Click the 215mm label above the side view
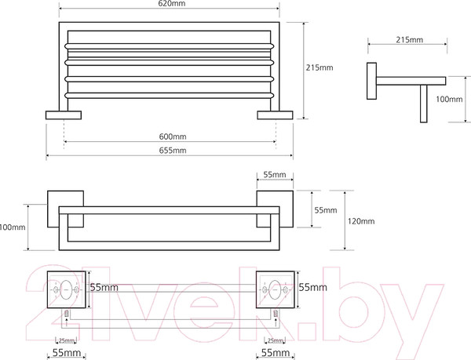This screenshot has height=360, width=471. coord(410,38)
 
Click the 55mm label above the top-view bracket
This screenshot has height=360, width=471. coord(274,175)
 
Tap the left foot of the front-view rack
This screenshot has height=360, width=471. coord(63,116)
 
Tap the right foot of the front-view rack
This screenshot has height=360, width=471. coord(276,116)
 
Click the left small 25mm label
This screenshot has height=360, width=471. coord(68,340)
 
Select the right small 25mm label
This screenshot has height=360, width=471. coord(276,340)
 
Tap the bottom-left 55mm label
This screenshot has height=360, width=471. coord(68,354)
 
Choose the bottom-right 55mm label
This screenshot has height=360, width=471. coord(276,354)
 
